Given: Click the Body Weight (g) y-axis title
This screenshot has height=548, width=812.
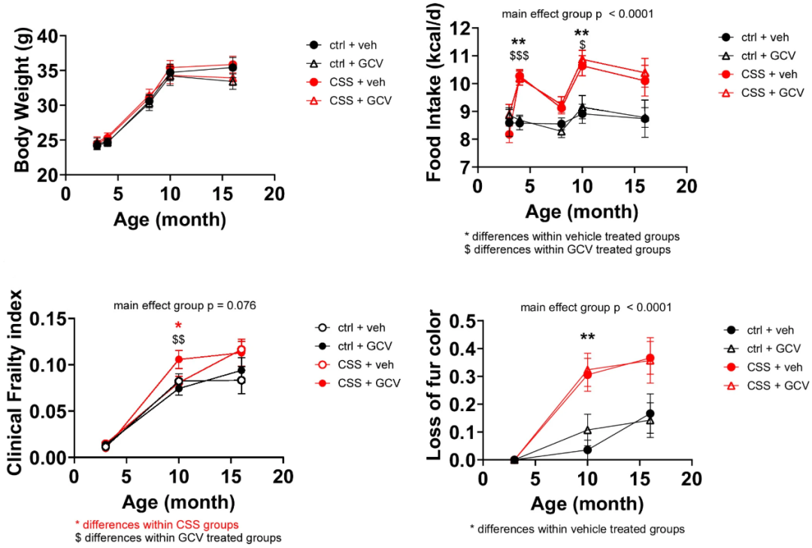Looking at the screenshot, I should pyautogui.click(x=23, y=105).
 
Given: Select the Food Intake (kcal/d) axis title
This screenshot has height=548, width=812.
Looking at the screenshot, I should pyautogui.click(x=435, y=101).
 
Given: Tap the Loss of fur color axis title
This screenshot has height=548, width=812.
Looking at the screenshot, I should pyautogui.click(x=435, y=391).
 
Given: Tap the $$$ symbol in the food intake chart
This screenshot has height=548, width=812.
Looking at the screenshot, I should pyautogui.click(x=518, y=56).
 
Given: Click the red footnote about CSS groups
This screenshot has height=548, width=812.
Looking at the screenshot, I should pyautogui.click(x=156, y=523).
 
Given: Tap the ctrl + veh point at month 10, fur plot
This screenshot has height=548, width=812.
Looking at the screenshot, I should pyautogui.click(x=587, y=450).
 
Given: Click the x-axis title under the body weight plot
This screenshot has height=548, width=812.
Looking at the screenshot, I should pyautogui.click(x=170, y=220).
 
